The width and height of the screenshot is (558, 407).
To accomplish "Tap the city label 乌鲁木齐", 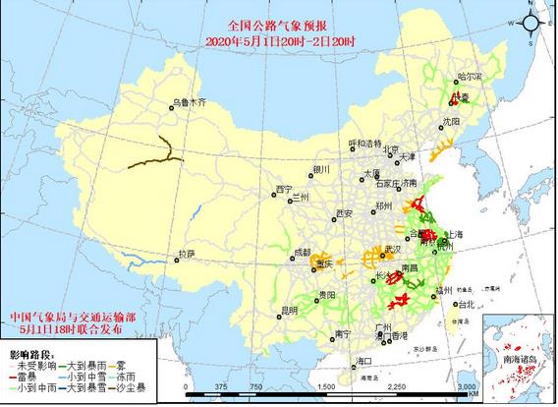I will click(x=190, y=102).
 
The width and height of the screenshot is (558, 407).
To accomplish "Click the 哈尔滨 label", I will click(x=472, y=77).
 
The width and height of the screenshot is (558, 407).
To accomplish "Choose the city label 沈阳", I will click(x=451, y=121).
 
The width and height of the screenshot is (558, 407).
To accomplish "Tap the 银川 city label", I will click(x=321, y=170).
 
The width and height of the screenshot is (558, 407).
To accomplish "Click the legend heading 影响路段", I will click(x=27, y=351).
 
